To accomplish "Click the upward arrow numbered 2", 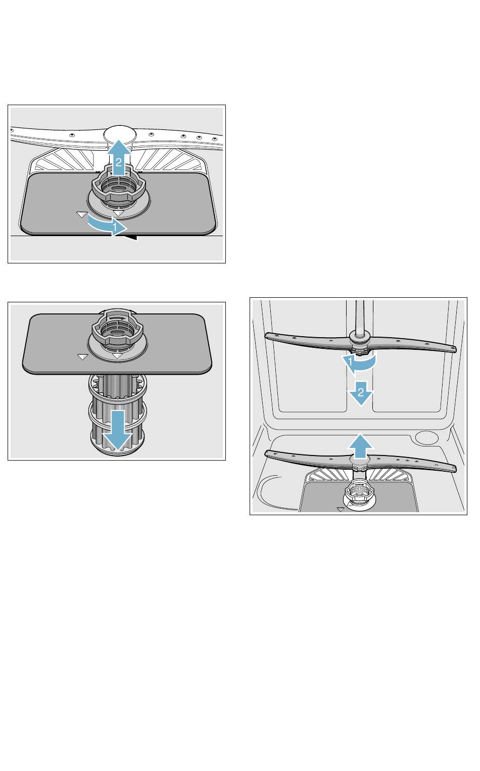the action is point(118,157).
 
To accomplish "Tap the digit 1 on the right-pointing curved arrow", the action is point(115,228).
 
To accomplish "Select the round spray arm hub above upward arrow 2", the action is point(119,134).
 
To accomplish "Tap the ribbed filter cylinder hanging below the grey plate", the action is point(118,415).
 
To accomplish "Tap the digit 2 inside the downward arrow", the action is point(360,392).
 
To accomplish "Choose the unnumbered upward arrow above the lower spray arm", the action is point(360,446).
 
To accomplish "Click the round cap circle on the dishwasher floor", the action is point(426,437).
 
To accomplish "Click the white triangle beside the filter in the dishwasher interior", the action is point(341,509).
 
